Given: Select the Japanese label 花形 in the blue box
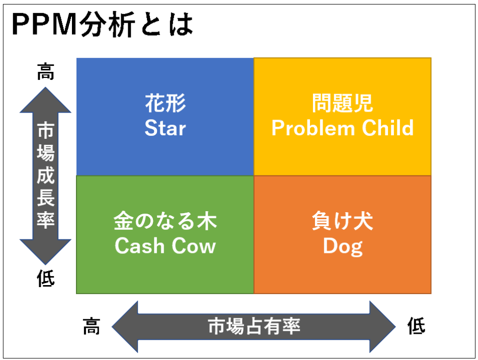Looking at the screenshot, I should [x=165, y=104].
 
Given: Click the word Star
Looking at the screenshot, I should [x=165, y=128].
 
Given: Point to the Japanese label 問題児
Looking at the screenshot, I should [x=342, y=104].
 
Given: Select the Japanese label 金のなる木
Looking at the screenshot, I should [x=165, y=222].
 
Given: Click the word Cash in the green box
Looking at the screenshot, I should [x=136, y=246].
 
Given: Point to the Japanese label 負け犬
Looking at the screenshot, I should [x=342, y=222].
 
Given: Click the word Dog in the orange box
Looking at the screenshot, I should [x=342, y=246].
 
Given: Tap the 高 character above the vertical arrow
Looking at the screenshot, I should [x=45, y=72].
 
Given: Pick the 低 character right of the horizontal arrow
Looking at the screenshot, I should [x=416, y=327].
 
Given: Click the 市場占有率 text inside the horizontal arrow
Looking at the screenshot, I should [x=254, y=327].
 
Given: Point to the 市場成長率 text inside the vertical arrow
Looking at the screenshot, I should [x=45, y=176].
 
